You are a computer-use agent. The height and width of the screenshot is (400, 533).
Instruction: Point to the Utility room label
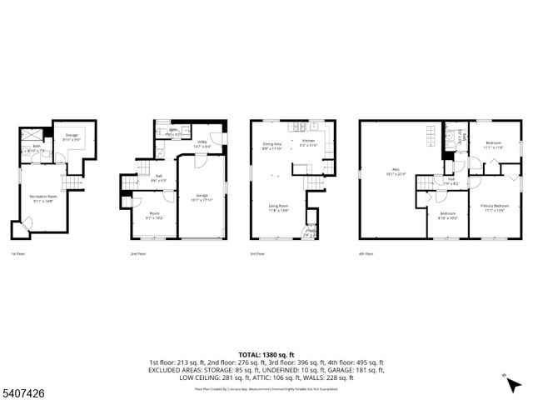(x=202, y=144)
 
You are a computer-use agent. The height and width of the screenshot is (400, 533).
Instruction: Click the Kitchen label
(x=308, y=144)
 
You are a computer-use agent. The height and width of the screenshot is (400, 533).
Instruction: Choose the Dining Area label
(x=272, y=146)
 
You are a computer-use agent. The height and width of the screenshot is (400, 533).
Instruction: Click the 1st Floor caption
(x=17, y=252)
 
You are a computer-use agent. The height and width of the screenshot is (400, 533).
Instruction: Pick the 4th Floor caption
(x=366, y=252)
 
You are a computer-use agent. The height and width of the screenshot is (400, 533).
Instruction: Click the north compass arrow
(x=508, y=381)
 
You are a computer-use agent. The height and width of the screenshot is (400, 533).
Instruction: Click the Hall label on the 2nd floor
(x=158, y=177)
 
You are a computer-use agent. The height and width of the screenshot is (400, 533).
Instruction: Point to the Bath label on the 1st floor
(x=37, y=147)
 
